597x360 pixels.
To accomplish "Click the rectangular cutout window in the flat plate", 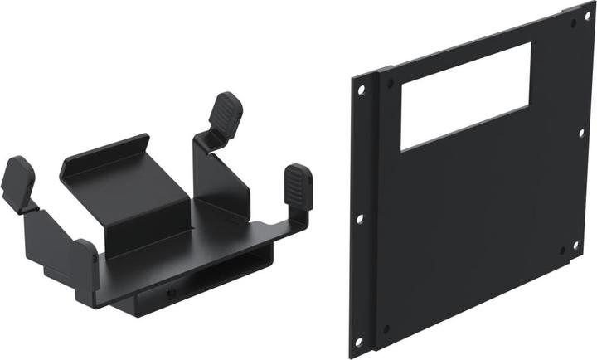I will pyautogui.click(x=465, y=97).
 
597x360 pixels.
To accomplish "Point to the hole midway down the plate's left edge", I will pyautogui.click(x=359, y=219).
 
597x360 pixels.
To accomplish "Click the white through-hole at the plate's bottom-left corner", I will pyautogui.click(x=358, y=341).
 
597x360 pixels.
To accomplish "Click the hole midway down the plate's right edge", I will pyautogui.click(x=580, y=133).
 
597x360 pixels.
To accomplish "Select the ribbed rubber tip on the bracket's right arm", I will pyautogui.click(x=298, y=184).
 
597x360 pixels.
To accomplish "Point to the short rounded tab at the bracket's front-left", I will pyautogui.click(x=85, y=249).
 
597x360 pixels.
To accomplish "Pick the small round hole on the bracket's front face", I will pyautogui.click(x=171, y=293).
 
